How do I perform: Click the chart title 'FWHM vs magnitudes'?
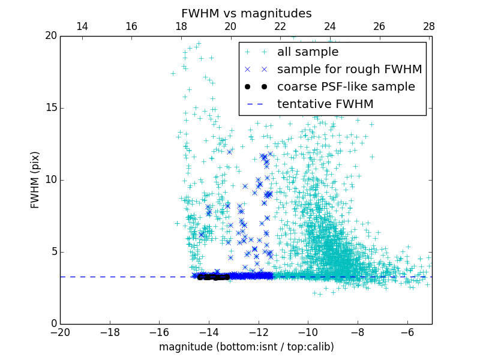point(246,13)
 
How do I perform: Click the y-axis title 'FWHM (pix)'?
point(35,179)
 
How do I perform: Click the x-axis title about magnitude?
point(246,347)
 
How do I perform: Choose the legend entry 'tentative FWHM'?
point(325,104)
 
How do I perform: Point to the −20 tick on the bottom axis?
point(60,332)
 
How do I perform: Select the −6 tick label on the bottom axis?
point(407,332)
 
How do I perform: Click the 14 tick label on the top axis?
point(82,26)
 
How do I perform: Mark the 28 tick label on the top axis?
point(428,26)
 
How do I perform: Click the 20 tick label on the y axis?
point(50,36)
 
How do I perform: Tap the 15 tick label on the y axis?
point(50,108)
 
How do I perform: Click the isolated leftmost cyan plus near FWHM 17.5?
point(173,73)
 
